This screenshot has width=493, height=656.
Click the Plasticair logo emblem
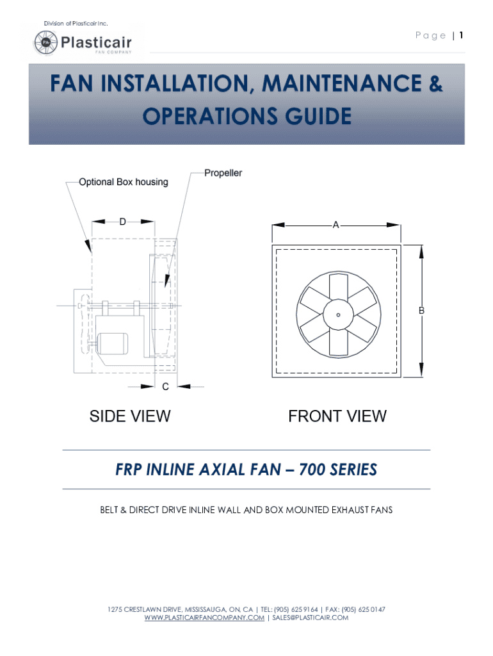(x=45, y=43)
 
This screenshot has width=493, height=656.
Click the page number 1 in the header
(x=460, y=35)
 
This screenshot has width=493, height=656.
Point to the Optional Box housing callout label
(x=123, y=182)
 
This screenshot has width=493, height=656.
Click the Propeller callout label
(x=223, y=173)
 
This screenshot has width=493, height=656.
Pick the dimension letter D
(x=122, y=222)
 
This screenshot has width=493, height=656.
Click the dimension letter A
(x=335, y=225)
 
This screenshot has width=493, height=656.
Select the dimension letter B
(x=421, y=310)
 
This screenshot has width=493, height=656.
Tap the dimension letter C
(x=165, y=386)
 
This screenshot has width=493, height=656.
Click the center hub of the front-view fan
(x=337, y=313)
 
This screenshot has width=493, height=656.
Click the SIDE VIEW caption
(x=130, y=416)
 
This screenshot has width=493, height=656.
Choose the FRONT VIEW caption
(x=337, y=416)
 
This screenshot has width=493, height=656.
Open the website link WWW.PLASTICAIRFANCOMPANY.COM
(x=204, y=618)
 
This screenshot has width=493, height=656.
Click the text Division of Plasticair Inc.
(x=76, y=24)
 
